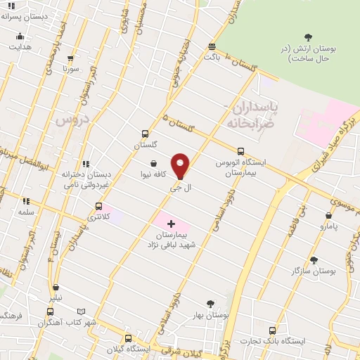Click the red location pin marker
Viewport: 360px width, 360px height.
(x=181, y=165)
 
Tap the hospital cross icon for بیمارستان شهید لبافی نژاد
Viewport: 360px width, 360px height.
(x=172, y=224)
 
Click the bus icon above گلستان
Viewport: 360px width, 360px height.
(x=146, y=134)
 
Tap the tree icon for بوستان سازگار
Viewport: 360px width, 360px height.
(x=314, y=260)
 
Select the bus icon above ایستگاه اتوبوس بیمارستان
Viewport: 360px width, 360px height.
(x=241, y=151)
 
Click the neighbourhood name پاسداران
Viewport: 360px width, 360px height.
(x=256, y=107)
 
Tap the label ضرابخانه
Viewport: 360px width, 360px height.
(x=249, y=122)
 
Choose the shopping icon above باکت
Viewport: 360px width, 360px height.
(x=212, y=46)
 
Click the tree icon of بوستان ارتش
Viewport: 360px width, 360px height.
(x=308, y=37)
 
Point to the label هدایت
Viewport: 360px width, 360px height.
(x=20, y=46)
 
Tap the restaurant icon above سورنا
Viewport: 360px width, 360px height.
(x=70, y=59)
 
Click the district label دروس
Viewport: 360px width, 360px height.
(x=70, y=121)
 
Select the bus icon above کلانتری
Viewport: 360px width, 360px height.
(x=98, y=207)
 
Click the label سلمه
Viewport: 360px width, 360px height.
(x=26, y=211)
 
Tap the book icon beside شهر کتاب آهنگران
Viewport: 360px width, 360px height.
(x=82, y=311)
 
